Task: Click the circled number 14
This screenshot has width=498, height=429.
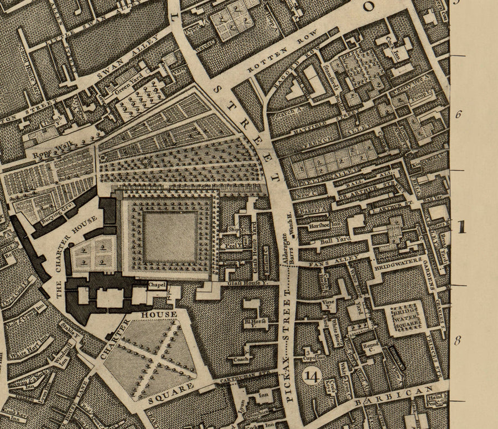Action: click(x=312, y=377)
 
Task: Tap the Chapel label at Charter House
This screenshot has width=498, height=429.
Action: click(x=157, y=285)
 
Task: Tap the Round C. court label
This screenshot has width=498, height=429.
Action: click(x=371, y=348)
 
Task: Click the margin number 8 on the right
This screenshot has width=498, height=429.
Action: click(x=458, y=340)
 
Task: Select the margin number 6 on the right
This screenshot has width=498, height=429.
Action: click(x=458, y=115)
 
